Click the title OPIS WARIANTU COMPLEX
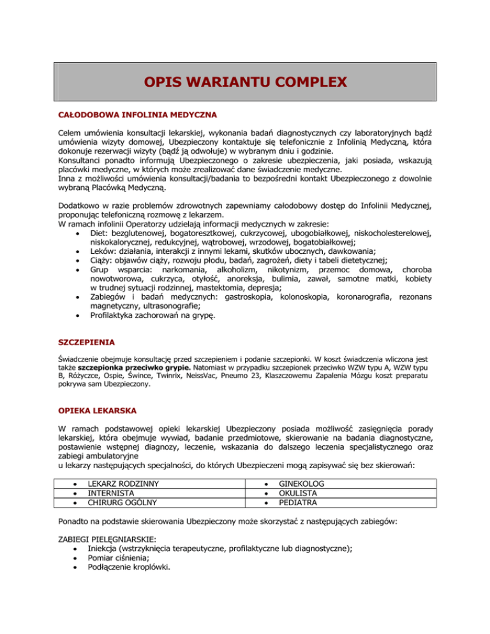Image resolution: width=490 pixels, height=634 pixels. point(246,82)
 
